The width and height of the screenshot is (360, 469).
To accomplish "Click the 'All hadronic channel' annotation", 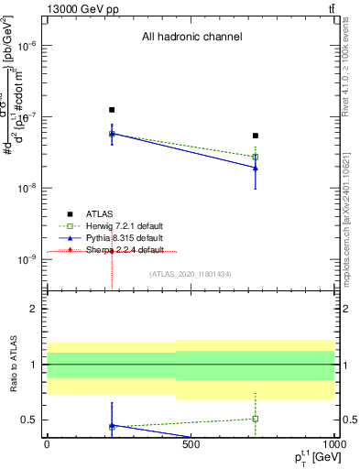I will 191,38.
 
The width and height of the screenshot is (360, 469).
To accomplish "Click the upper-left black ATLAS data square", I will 112,110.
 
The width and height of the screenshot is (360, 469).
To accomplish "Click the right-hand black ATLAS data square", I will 256,136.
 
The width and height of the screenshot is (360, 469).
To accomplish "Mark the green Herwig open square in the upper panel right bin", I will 256,157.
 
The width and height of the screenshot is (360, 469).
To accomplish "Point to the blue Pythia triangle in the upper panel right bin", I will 256,167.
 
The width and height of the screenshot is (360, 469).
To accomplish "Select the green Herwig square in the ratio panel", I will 256,419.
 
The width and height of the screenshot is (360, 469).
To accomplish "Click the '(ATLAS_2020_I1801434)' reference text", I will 191,274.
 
